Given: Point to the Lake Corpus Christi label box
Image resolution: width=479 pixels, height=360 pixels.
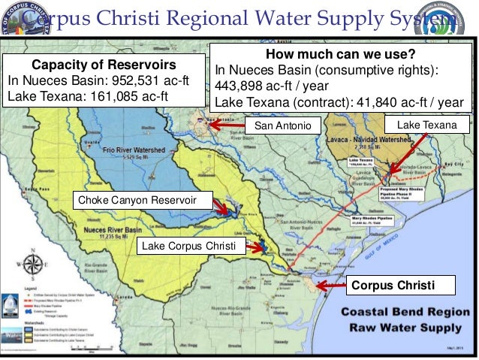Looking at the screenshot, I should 188,246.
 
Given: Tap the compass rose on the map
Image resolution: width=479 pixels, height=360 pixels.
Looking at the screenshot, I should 32,264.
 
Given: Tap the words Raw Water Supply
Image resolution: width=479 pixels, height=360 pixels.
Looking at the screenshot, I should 405,328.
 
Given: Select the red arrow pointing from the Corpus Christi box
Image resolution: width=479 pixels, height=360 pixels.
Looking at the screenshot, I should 330,286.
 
